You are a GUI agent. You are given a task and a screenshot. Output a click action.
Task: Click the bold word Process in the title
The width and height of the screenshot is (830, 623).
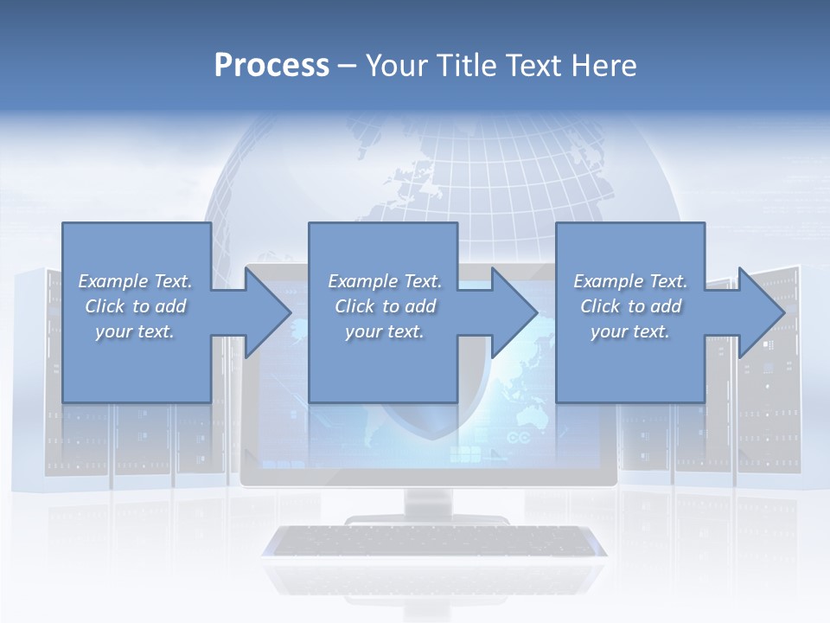click(x=271, y=66)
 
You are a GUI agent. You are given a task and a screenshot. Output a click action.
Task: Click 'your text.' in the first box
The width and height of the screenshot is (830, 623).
click(x=135, y=331)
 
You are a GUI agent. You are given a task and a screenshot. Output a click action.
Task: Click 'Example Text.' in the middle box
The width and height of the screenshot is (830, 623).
click(x=385, y=281)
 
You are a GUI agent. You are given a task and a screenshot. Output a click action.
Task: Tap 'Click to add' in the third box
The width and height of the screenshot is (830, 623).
click(x=631, y=306)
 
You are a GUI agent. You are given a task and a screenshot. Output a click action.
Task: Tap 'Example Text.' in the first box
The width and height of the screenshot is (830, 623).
click(x=135, y=281)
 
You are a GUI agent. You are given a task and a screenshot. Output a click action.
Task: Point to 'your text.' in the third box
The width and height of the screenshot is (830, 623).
click(x=630, y=331)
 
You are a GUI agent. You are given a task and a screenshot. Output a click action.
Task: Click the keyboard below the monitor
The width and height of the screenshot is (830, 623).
click(x=433, y=542)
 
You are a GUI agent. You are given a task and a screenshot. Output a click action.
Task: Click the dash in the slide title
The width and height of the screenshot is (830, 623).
click(x=348, y=66)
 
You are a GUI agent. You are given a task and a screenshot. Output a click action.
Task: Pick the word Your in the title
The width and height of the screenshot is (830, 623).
click(x=394, y=66)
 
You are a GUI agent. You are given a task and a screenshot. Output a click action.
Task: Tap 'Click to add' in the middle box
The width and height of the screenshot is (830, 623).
click(x=385, y=306)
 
